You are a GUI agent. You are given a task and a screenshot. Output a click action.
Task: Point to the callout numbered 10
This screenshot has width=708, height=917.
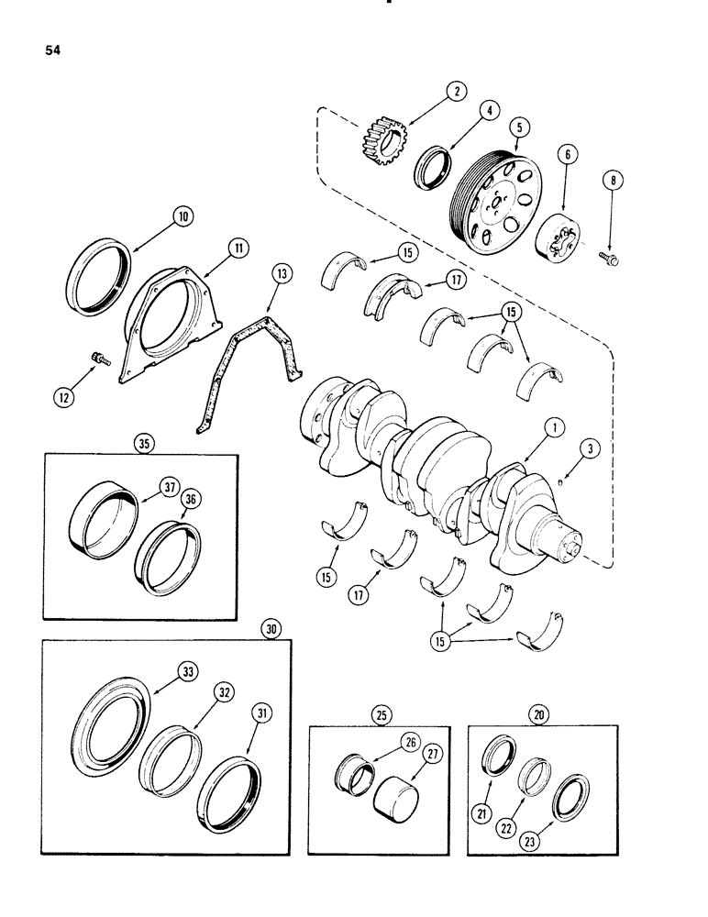(183, 216)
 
